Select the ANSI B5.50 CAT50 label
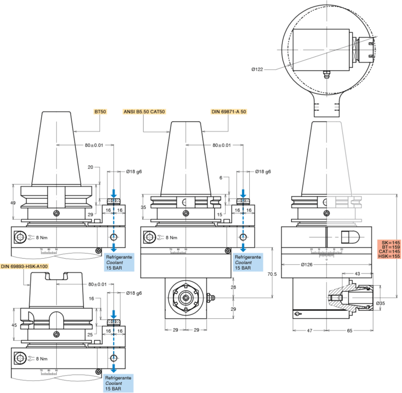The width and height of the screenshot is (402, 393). pos(144,111)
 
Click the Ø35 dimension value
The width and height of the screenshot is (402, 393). pos(380,303)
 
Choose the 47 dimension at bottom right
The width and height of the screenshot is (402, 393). pos(310,331)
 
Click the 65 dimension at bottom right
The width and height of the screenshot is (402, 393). pos(349,331)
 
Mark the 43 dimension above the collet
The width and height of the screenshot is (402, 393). pos(357,273)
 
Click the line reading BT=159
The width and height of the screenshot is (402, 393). pos(388,247)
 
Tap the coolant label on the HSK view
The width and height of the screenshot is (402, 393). pos(118,383)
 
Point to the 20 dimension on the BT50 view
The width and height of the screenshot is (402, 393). pos(91,167)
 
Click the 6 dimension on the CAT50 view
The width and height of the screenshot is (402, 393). pos(221,177)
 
